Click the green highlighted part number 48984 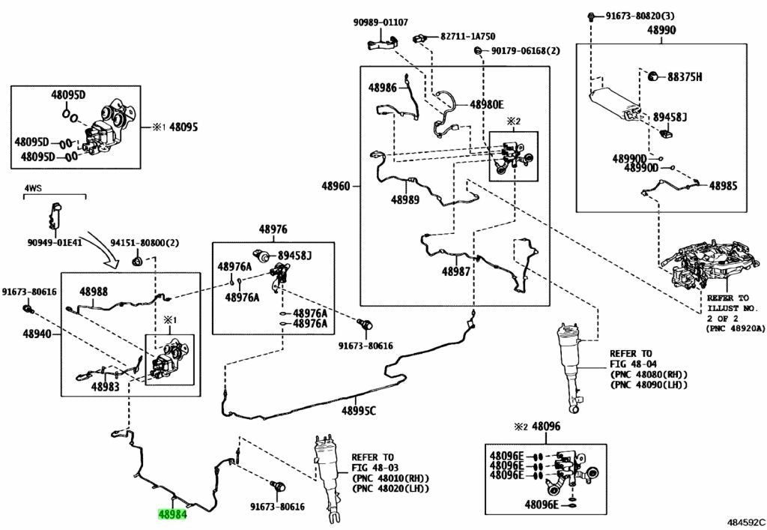[172, 514]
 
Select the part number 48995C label [359, 410]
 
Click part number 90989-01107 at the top [381, 22]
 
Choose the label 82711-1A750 [467, 36]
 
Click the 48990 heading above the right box [661, 30]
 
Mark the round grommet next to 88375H [652, 76]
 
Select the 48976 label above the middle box [273, 229]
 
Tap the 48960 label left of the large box [336, 186]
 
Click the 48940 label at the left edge [37, 335]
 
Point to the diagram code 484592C [745, 523]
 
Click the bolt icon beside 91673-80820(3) [591, 16]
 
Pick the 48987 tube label [456, 271]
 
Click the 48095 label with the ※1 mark [175, 127]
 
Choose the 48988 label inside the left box [94, 292]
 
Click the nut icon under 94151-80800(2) [137, 260]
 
